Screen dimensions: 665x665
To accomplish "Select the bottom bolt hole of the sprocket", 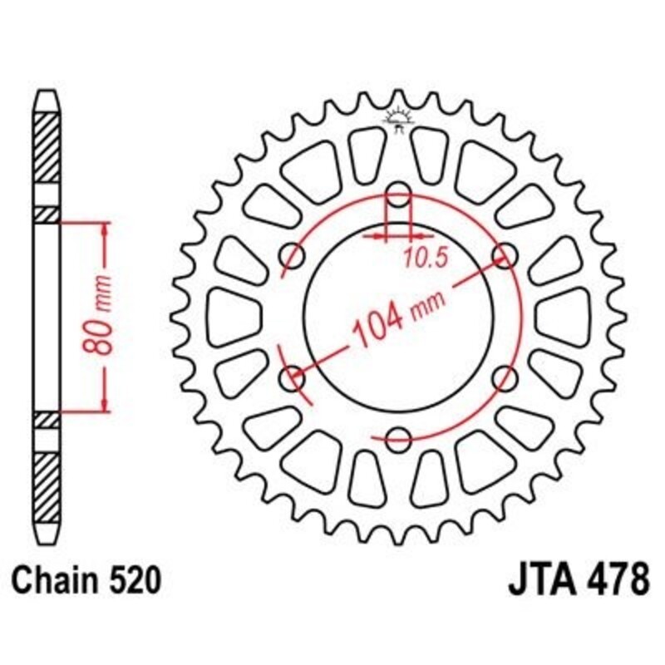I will pos(399,436).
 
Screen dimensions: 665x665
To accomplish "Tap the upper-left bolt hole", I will pos(293,253).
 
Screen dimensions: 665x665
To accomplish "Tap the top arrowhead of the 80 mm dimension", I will pos(106,229).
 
